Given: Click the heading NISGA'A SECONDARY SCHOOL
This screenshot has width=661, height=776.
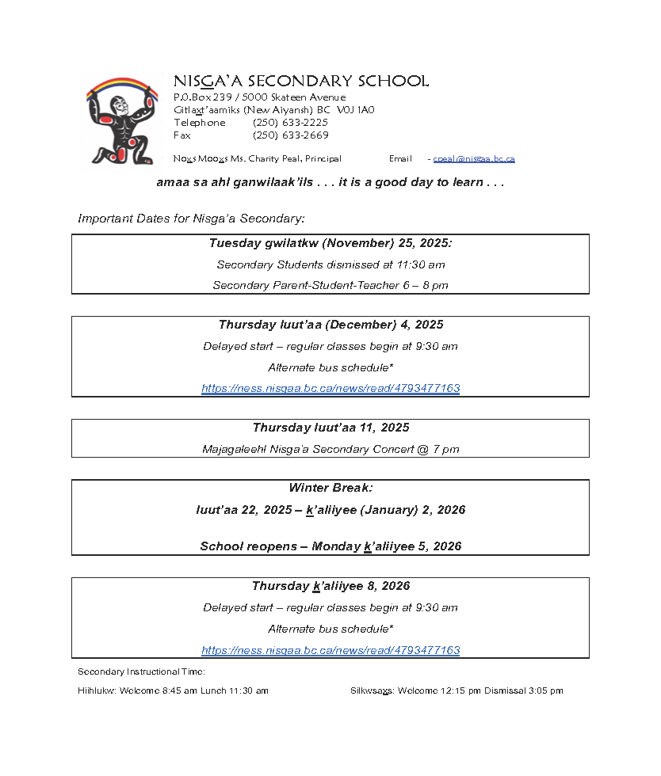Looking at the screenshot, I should pos(300,82).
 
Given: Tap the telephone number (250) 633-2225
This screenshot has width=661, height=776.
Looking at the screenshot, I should pos(290,123).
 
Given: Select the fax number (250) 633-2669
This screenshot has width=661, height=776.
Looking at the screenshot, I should pos(290,135).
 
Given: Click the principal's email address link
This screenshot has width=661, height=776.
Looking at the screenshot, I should pos(474,158).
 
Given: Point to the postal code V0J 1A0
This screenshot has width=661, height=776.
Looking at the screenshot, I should pos(355,110).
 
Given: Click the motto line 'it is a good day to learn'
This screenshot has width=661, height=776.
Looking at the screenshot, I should pos(421,182).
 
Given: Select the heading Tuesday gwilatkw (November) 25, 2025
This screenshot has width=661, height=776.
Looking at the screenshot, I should pos(330,243).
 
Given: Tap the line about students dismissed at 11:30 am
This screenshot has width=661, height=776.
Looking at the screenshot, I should pos(330,264).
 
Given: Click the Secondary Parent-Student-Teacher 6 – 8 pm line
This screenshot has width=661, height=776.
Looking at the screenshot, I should pos(330,285).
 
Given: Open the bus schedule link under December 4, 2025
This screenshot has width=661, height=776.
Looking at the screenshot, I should pos(330,389).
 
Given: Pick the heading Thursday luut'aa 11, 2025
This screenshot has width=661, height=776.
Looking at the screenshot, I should pos(330,428).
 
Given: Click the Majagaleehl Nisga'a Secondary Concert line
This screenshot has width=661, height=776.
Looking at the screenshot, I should pos(330,449).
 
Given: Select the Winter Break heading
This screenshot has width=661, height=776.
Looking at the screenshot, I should pos(330,488).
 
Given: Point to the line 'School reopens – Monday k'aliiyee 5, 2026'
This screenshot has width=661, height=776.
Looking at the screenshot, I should pos(330,546).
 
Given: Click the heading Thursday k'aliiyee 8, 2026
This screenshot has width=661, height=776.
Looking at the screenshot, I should pos(330,586).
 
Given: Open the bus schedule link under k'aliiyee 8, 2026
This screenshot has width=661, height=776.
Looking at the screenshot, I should pos(330,650).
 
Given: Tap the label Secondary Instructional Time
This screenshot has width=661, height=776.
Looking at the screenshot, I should pos(141,671).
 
